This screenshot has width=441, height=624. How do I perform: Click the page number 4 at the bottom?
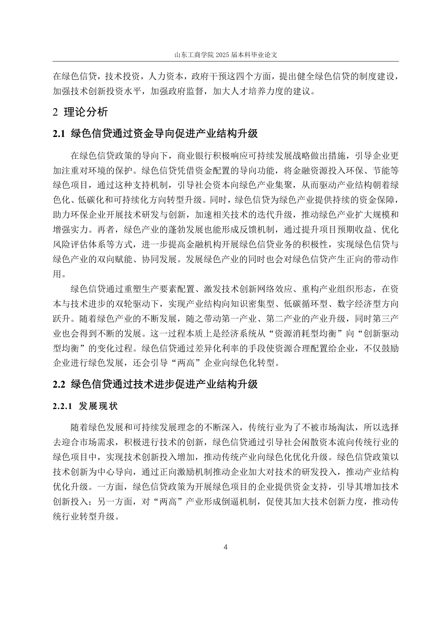point(226,547)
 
